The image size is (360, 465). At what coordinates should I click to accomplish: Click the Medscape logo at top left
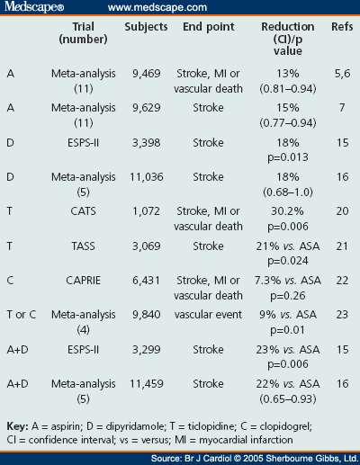pos(34,7)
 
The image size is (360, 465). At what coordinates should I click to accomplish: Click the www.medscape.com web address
pos(157,7)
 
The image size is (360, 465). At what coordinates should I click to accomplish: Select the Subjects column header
pos(146,27)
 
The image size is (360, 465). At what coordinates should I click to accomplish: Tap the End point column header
pos(209,27)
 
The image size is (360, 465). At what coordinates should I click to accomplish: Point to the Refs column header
pos(342,27)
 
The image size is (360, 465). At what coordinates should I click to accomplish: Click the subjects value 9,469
pos(147,74)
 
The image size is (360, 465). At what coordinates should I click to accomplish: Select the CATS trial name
pos(83,211)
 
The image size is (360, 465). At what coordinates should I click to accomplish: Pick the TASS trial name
pos(83,246)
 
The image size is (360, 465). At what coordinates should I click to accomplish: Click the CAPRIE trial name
pos(83,281)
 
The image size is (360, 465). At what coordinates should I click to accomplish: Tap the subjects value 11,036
pos(147,177)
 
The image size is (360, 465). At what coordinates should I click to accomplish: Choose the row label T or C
pos(22,315)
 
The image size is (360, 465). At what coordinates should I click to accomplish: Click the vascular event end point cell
pos(208,315)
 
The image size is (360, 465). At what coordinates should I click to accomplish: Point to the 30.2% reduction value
pos(287,211)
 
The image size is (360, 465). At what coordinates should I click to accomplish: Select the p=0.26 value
pos(288,296)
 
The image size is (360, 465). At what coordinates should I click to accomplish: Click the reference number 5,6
pos(342,74)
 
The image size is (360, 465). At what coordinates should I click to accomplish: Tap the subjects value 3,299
pos(147,350)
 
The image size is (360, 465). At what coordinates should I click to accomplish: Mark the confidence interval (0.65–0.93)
pos(288,399)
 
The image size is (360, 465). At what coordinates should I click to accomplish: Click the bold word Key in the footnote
pos(17,426)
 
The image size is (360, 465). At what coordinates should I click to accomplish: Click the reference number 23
pos(342,315)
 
